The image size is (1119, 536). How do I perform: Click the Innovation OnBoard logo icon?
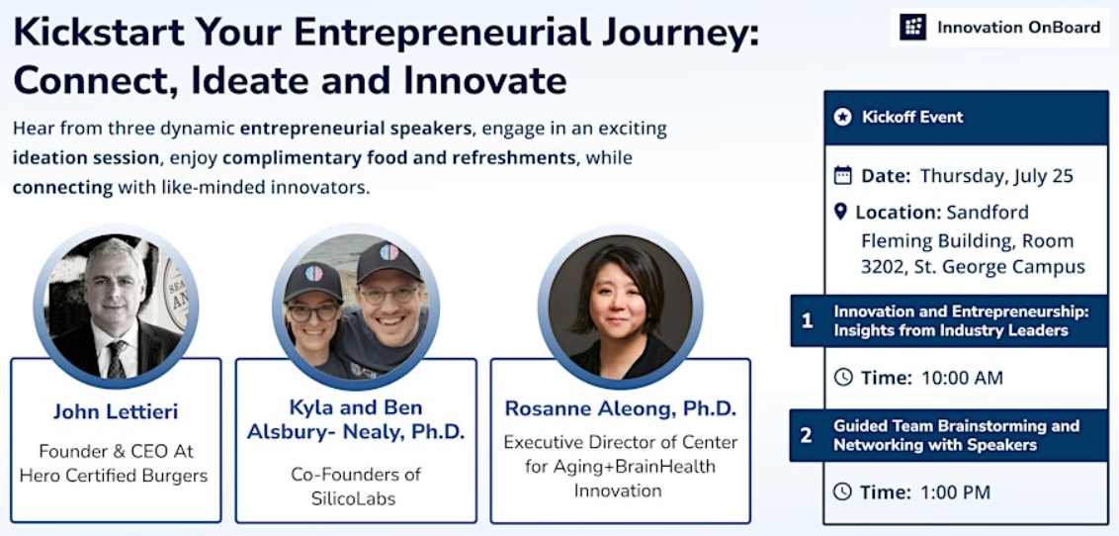coord(912,27)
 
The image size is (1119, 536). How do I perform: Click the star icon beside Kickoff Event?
coord(843,117)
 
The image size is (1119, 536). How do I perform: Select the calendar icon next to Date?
coord(843,176)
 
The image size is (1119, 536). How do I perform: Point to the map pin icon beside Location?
coord(840,212)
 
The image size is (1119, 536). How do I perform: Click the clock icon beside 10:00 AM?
coord(843,377)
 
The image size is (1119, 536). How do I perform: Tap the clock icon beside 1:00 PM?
coord(843,491)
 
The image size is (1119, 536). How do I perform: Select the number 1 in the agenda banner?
coord(807,321)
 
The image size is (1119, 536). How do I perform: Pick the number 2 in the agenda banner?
coord(807,435)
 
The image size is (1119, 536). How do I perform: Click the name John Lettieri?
coord(116,411)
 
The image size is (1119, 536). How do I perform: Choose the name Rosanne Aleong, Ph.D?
coord(620,408)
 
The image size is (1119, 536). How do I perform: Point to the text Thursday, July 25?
coord(996,176)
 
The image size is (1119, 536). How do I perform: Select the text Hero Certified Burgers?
coord(114,476)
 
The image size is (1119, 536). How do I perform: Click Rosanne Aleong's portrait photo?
coord(620,307)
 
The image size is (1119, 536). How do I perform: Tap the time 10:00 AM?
coord(962,378)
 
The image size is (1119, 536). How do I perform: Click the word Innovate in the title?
coord(485,81)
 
